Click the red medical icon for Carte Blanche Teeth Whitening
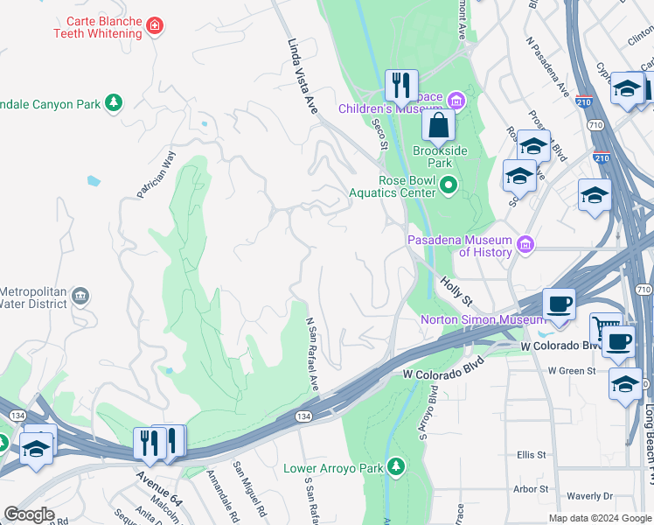pyautogui.click(x=156, y=26)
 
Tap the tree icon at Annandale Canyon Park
pyautogui.click(x=113, y=104)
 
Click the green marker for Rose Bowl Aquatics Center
pyautogui.click(x=449, y=185)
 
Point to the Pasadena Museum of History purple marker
pyautogui.click(x=525, y=245)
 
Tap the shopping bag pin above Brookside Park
pyautogui.click(x=439, y=126)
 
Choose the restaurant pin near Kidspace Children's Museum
pyautogui.click(x=401, y=86)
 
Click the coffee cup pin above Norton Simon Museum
pyautogui.click(x=559, y=304)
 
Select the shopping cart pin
pyautogui.click(x=602, y=328)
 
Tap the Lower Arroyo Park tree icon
pyautogui.click(x=396, y=467)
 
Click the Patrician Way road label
pyautogui.click(x=157, y=174)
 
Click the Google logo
pyautogui.click(x=30, y=514)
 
